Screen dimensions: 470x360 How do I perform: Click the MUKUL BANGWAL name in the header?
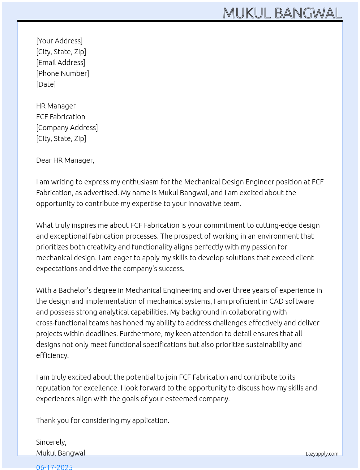coord(282,13)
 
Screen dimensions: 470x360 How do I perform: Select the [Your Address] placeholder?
coord(59,41)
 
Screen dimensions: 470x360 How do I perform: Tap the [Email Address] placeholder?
coord(61,63)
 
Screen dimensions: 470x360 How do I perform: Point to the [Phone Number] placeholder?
coord(63,73)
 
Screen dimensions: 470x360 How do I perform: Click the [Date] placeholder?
coord(46,84)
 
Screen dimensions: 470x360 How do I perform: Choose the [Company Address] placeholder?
coord(67,128)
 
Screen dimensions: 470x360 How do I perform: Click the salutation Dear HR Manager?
coord(65,160)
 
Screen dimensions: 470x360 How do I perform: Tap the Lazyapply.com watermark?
coord(322,454)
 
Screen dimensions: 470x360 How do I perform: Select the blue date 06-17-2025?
coord(54,467)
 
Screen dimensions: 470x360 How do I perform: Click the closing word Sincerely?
coord(51,442)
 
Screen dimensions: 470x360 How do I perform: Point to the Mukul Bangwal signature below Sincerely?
coord(61,453)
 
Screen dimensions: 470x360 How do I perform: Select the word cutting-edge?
coord(277,225)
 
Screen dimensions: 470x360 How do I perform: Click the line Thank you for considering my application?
coord(103,420)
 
